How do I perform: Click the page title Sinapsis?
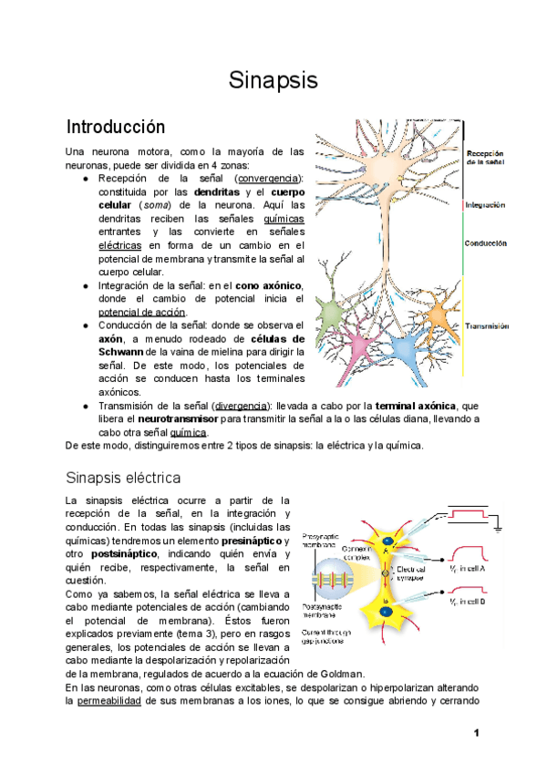point(273,81)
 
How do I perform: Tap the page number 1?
point(476,734)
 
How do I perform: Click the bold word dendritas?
point(217,193)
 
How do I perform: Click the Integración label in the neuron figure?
point(485,205)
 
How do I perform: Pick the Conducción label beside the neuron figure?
point(485,244)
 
